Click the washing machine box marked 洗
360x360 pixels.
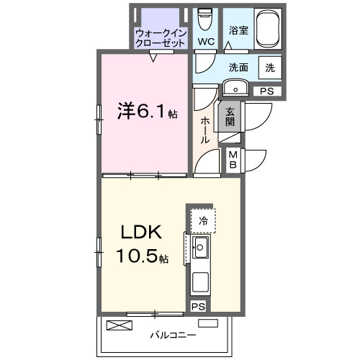point(269,68)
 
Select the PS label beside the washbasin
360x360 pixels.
point(266,91)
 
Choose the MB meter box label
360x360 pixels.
point(234,158)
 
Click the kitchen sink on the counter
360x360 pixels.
point(200,250)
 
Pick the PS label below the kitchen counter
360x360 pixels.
point(197,307)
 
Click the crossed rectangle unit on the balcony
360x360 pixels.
point(120,325)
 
